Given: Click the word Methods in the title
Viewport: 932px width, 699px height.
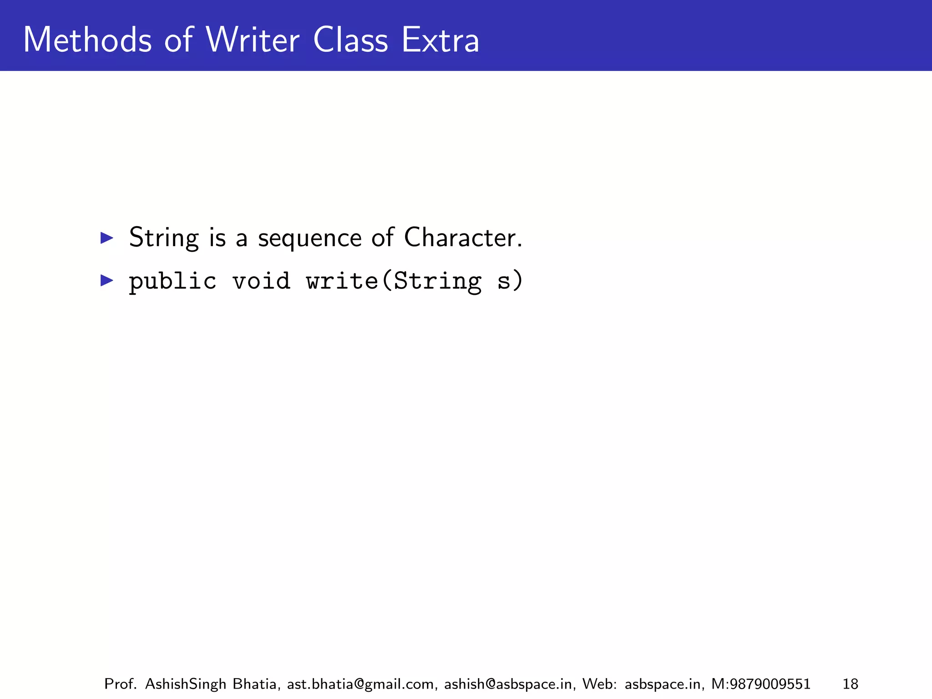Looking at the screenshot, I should pyautogui.click(x=87, y=40).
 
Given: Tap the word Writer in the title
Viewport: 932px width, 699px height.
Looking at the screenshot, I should pyautogui.click(x=252, y=40).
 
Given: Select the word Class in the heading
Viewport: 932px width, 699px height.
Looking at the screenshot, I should pyautogui.click(x=350, y=40).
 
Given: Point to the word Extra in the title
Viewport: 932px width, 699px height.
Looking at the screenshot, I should pyautogui.click(x=440, y=40).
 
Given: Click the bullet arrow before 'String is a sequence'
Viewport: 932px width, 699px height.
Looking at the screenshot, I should pyautogui.click(x=106, y=238).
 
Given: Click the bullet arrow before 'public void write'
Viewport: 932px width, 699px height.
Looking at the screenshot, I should pyautogui.click(x=106, y=280).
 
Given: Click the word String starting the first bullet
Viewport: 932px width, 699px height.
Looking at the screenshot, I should pyautogui.click(x=164, y=238).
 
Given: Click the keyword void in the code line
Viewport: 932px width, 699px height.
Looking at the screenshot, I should pyautogui.click(x=261, y=280).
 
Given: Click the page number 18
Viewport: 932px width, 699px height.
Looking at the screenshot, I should pyautogui.click(x=850, y=684).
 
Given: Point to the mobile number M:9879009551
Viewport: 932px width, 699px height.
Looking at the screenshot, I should pyautogui.click(x=760, y=684).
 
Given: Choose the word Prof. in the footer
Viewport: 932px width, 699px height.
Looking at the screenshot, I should pyautogui.click(x=120, y=684).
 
